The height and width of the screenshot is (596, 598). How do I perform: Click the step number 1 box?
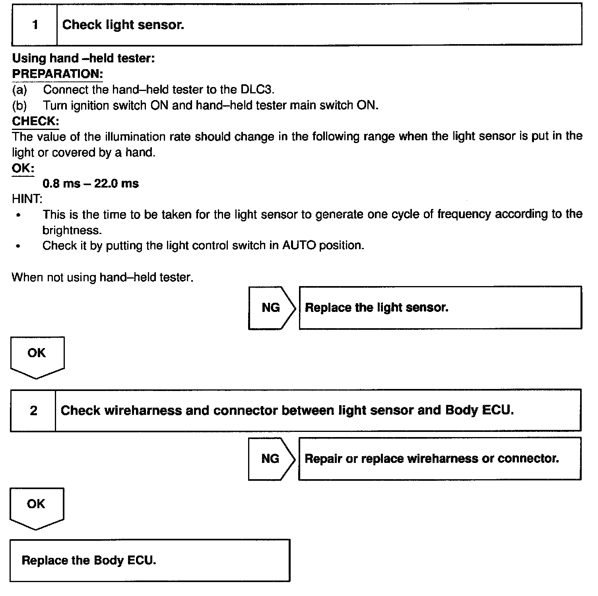[35, 25]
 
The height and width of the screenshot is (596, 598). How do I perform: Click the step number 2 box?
[33, 410]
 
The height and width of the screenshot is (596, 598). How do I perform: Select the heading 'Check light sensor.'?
[123, 25]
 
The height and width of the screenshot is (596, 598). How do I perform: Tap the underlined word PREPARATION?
[57, 74]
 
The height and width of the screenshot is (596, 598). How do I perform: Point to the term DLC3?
[257, 89]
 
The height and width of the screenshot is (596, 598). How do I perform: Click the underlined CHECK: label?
[35, 121]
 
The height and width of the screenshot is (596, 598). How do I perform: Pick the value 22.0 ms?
[116, 184]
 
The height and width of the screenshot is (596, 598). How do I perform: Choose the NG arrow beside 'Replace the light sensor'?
[271, 308]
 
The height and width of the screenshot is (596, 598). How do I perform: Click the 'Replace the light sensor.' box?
[440, 308]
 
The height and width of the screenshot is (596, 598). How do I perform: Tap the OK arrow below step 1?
[37, 356]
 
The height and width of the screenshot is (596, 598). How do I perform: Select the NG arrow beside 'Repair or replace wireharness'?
[270, 459]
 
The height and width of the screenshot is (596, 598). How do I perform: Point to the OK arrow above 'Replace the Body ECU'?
[36, 507]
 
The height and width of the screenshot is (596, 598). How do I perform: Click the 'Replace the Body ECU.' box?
[149, 560]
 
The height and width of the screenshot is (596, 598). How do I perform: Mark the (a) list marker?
[20, 90]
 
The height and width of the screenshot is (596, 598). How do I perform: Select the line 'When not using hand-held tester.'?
[103, 277]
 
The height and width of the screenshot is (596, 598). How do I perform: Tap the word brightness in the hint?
[71, 230]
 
